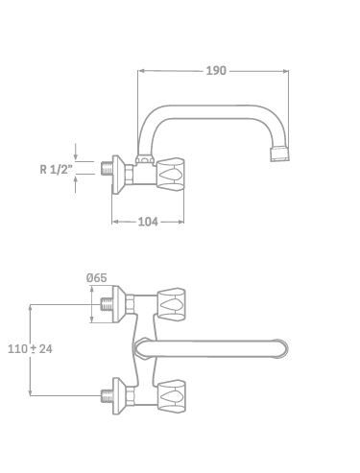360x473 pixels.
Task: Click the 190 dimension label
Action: tap(216, 71)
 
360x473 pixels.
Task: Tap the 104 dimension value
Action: tap(148, 222)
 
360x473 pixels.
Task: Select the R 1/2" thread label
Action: tap(54, 169)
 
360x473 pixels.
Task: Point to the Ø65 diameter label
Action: tap(97, 278)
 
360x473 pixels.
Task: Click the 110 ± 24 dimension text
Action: tap(30, 348)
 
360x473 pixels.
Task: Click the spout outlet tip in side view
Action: tap(280, 154)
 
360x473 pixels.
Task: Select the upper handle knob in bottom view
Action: tap(172, 304)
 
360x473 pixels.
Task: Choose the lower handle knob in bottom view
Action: tap(172, 396)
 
